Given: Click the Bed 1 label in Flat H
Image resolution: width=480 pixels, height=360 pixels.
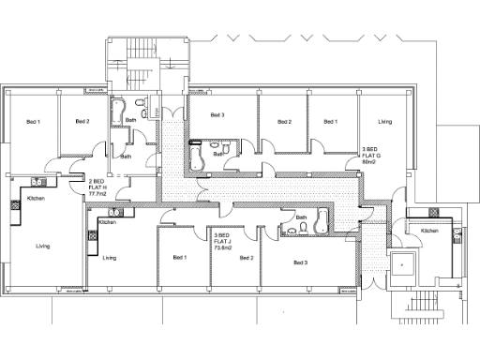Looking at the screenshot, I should tap(33, 122).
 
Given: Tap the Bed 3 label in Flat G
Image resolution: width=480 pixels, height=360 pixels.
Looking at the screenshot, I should tap(217, 115).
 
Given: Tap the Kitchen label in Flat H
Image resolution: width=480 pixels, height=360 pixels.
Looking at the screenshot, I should tap(36, 200).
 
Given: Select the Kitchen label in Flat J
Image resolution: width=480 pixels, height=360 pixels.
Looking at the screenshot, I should tap(107, 222).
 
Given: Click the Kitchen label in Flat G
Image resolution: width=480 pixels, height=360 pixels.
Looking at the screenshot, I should tap(428, 231).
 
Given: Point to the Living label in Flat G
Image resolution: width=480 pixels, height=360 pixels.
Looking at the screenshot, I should tap(384, 122).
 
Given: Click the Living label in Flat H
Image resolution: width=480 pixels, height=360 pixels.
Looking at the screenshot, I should tap(42, 247).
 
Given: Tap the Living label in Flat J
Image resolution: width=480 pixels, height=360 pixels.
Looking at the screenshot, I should tap(110, 258).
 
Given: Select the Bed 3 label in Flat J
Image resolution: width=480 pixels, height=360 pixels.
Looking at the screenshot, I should tap(300, 262).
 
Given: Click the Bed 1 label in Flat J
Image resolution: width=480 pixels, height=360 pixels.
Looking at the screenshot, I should tap(179, 257).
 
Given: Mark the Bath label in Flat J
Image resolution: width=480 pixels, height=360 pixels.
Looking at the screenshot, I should tap(301, 217).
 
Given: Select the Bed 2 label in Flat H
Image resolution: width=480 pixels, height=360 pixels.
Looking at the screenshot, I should tap(82, 122).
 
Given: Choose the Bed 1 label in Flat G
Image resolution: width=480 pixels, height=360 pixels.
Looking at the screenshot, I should tap(330, 122).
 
